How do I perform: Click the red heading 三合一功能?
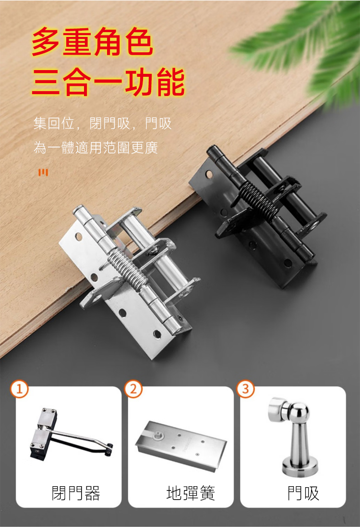click(x=108, y=81)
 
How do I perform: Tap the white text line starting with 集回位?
click(x=103, y=123)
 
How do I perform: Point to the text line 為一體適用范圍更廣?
click(x=96, y=147)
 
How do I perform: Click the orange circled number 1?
click(x=19, y=389)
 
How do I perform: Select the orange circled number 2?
click(x=133, y=389)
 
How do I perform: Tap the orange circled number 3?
click(x=246, y=389)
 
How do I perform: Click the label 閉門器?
click(x=76, y=493)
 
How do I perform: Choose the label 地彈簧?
click(x=191, y=493)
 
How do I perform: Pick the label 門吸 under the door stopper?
click(x=303, y=493)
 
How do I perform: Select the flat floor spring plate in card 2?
click(x=181, y=444)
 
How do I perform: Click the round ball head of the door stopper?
click(x=300, y=413)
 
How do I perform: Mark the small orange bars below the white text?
click(x=43, y=172)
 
